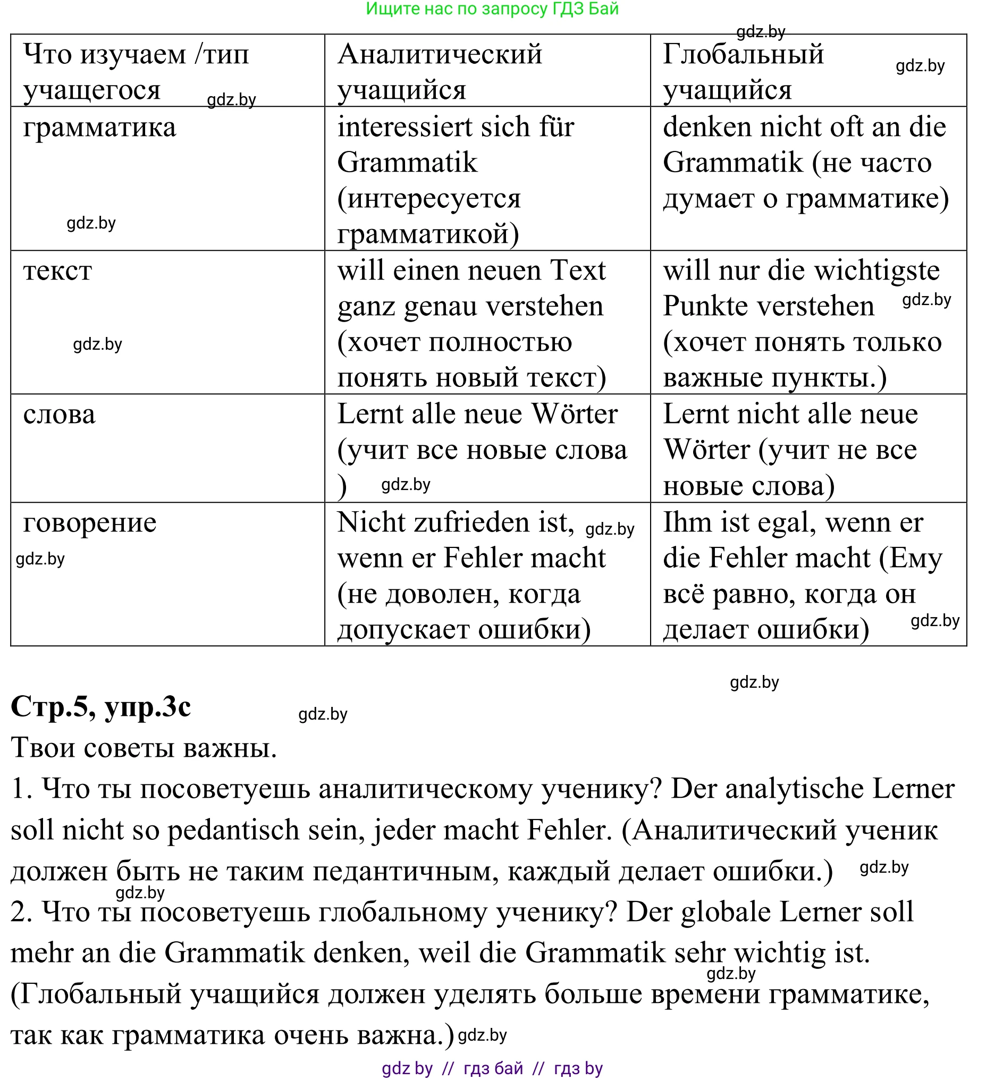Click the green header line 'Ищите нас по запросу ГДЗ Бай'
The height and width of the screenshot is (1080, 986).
tap(492, 9)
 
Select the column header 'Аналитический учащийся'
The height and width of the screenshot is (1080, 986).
tap(440, 71)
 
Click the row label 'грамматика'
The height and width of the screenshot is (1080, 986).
tap(100, 128)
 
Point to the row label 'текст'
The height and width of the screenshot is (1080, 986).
tap(58, 271)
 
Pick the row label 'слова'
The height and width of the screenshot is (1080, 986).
tap(60, 415)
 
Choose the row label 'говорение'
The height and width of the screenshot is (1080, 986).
tap(90, 523)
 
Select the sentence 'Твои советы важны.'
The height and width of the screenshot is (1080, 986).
tap(144, 748)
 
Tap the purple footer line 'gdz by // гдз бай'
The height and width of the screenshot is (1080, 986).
tap(492, 1069)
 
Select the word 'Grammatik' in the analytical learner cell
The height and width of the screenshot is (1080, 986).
tap(407, 163)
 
